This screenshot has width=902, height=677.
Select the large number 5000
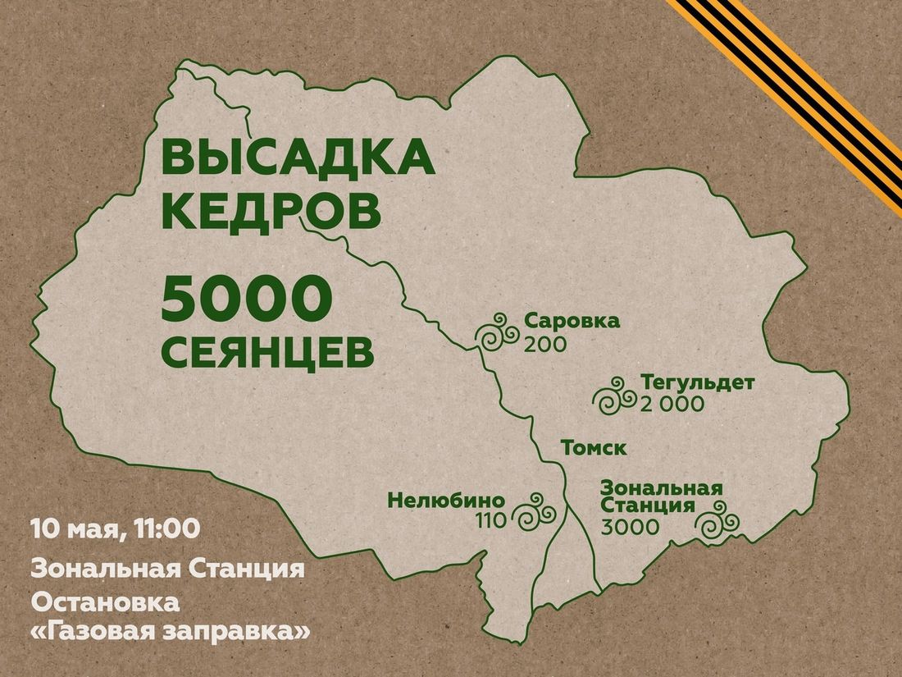(244, 302)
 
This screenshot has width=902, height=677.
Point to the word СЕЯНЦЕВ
(268, 353)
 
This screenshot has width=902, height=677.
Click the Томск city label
(594, 448)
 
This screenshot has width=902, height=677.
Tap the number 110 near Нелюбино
(490, 519)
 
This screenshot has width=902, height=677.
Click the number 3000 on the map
(629, 527)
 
